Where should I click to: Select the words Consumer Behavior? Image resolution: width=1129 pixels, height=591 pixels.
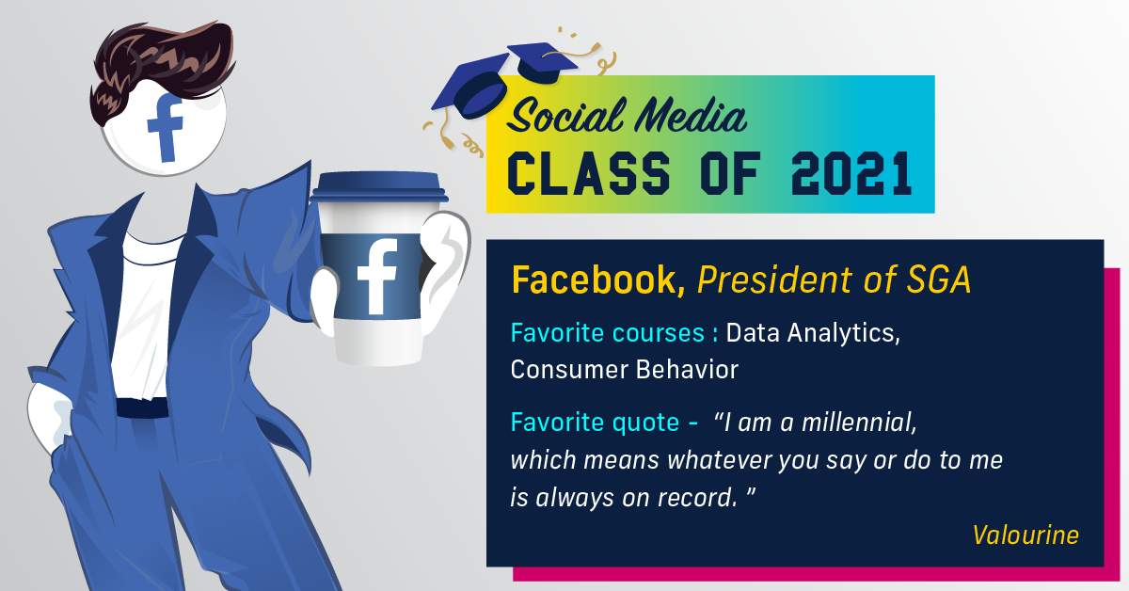click(624, 369)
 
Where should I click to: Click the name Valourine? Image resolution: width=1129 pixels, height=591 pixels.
click(1025, 535)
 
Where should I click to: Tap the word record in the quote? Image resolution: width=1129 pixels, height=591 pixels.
click(694, 498)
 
